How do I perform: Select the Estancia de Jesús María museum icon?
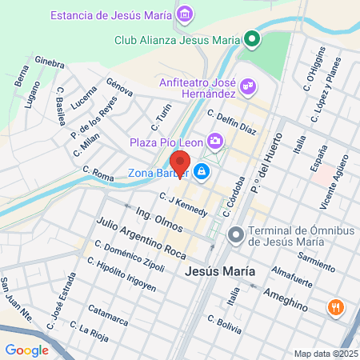(x=186, y=14)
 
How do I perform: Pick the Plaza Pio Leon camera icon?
(x=214, y=142)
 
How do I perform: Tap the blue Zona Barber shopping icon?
(x=202, y=171)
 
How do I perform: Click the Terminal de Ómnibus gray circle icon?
(x=235, y=234)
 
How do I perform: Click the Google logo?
(x=26, y=350)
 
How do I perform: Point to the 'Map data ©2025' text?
(x=324, y=353)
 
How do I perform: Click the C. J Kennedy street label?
(x=183, y=205)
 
